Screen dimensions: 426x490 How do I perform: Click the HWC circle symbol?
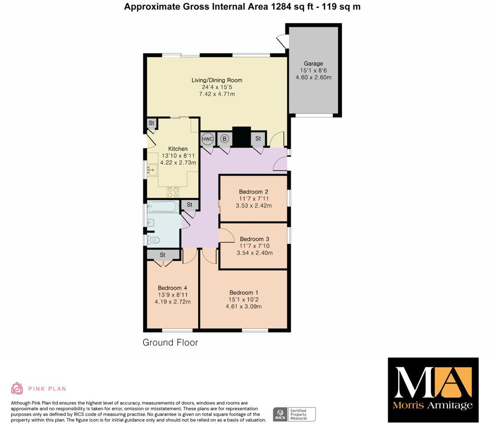tap(208, 139)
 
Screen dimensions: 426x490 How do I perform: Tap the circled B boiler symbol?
tap(225, 139)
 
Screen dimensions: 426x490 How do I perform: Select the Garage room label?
tap(314, 63)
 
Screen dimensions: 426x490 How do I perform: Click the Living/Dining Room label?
tap(217, 80)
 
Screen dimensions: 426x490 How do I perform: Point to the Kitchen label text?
tap(178, 149)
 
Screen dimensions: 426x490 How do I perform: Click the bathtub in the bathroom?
tap(163, 206)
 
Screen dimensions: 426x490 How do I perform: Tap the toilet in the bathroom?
tap(154, 240)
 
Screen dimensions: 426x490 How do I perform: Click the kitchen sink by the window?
tap(153, 169)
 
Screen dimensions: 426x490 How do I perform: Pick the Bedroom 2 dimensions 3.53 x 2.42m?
tap(254, 205)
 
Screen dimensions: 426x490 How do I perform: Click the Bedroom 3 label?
tap(255, 239)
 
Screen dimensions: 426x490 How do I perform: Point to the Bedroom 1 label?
tap(244, 292)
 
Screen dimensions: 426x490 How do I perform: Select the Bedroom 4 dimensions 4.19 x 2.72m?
tap(172, 302)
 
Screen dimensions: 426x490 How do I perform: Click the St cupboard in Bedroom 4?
tap(163, 255)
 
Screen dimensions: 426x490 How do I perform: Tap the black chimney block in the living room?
tap(242, 137)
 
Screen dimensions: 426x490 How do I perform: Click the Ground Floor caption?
tap(170, 342)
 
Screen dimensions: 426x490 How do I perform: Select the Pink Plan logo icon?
tap(17, 388)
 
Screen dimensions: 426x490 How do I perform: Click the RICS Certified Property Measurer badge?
tap(294, 414)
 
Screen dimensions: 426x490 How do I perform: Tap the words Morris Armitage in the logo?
tap(433, 405)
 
